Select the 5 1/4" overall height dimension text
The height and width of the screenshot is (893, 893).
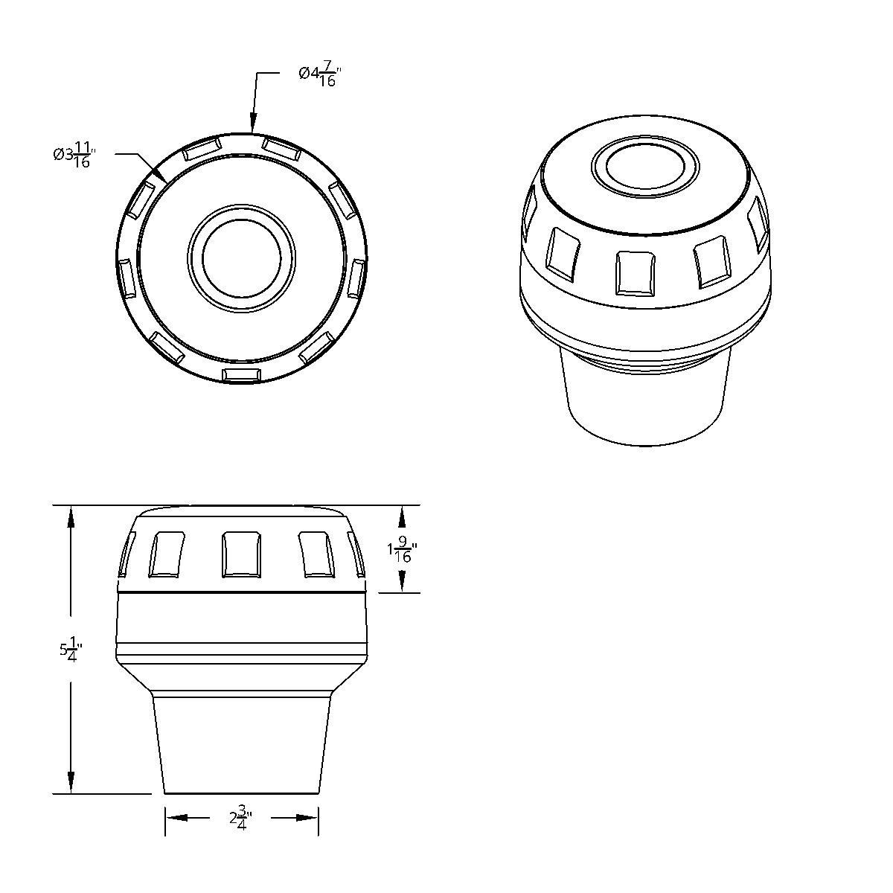coord(71,649)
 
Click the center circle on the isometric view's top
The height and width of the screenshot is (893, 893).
coord(646,165)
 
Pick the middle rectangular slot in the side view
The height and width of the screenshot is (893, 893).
coord(242,554)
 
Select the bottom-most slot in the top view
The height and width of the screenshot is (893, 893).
coord(242,374)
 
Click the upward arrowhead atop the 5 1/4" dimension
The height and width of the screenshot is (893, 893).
coord(71,517)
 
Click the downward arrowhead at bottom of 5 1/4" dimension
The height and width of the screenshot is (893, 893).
coord(71,783)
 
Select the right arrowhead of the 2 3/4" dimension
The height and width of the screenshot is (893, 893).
coord(307,818)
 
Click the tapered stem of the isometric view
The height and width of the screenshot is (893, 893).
coord(644,402)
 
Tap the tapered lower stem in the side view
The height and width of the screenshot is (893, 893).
coord(242,744)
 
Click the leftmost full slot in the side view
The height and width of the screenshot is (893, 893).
coord(167,554)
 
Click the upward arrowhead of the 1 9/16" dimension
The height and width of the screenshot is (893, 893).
coord(402,517)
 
